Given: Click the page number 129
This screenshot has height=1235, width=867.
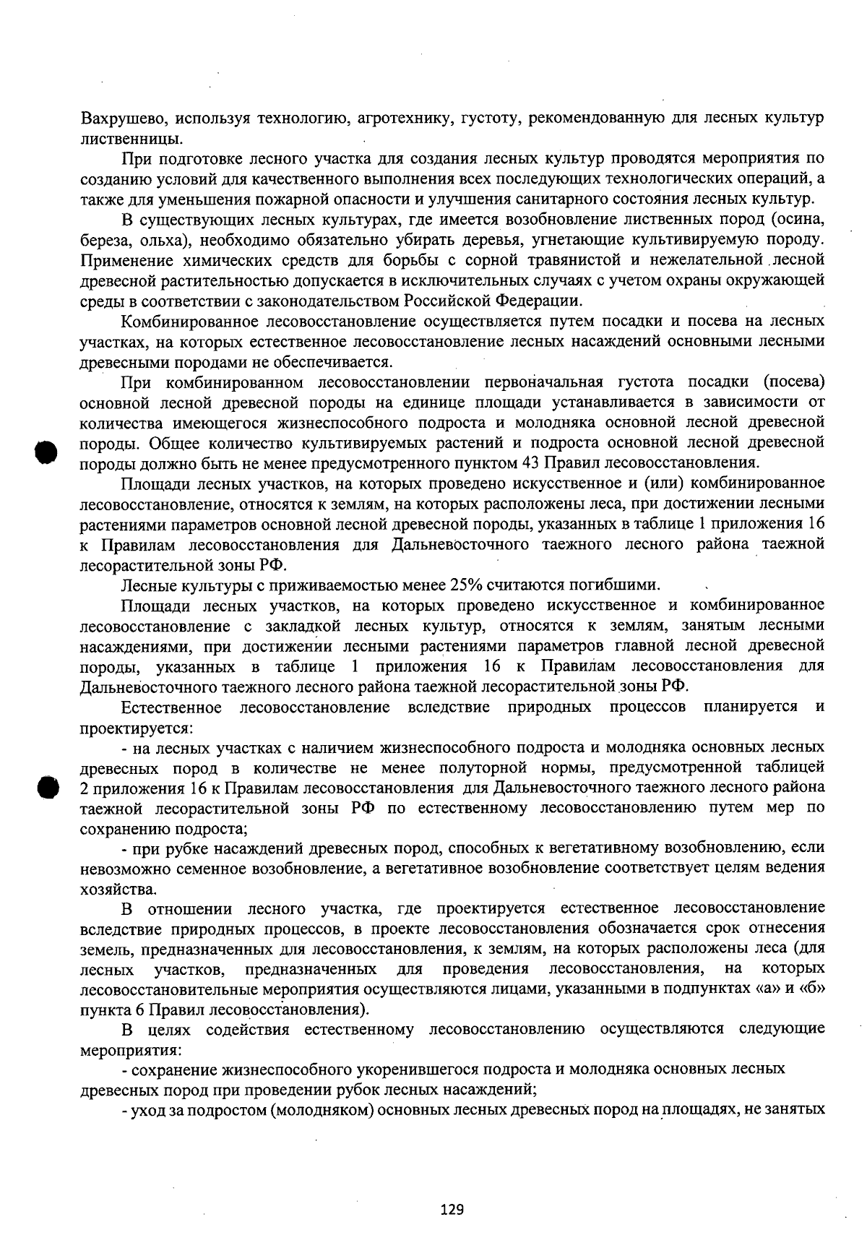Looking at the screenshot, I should (x=452, y=1209).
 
